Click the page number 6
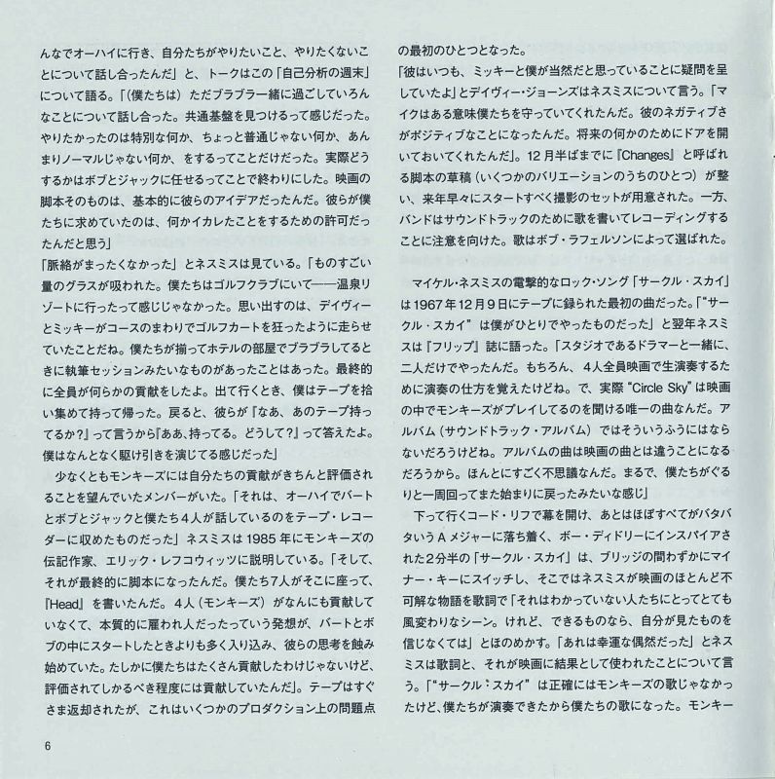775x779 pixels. (46, 747)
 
